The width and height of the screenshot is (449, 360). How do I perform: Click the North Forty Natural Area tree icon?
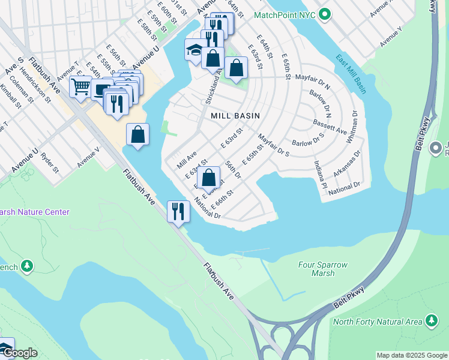coord(432,321)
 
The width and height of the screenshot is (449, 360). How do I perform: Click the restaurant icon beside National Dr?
coord(178,211)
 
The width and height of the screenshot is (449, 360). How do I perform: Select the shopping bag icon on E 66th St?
coord(208,177)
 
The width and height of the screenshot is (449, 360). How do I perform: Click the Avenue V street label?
coord(88,157)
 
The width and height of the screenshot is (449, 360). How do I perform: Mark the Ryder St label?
coord(49,162)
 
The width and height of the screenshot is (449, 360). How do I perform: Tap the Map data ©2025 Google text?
coord(412,355)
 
